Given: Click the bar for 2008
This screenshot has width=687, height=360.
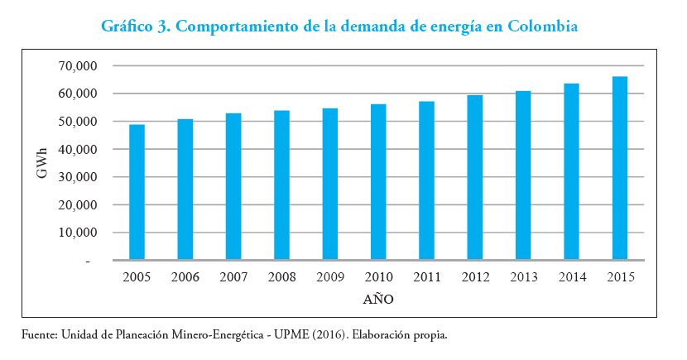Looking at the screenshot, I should pyautogui.click(x=281, y=185).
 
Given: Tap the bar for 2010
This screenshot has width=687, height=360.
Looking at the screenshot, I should pyautogui.click(x=378, y=182).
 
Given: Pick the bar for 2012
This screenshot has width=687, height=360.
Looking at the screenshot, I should pyautogui.click(x=474, y=178).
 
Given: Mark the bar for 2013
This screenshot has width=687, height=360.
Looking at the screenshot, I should pyautogui.click(x=523, y=175).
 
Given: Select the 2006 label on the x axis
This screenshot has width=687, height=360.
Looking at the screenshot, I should pyautogui.click(x=185, y=277).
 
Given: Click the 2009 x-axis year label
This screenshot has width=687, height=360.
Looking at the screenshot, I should pyautogui.click(x=330, y=277).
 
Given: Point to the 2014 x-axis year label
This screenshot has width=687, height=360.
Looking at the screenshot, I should pyautogui.click(x=571, y=277).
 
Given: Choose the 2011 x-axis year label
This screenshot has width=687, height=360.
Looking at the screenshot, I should pyautogui.click(x=426, y=277).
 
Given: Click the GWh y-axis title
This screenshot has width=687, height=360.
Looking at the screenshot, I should pyautogui.click(x=41, y=163).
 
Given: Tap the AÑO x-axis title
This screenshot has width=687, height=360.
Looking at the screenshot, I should pyautogui.click(x=378, y=299).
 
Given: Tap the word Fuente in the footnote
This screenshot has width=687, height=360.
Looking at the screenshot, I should pyautogui.click(x=40, y=335).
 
